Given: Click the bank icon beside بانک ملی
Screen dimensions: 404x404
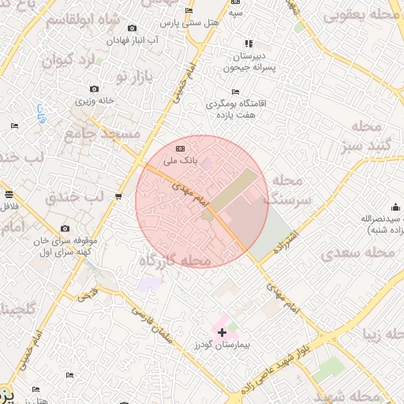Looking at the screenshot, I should tap(181, 148).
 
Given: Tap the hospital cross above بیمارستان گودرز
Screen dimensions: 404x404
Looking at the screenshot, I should tap(222, 333).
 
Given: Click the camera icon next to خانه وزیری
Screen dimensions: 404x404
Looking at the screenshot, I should tap(95, 88).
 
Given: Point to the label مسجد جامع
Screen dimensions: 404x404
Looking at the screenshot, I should tap(105, 133).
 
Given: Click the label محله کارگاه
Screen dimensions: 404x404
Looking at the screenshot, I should tap(175, 260).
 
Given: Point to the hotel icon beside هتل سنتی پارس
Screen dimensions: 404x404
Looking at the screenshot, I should tap(188, 10).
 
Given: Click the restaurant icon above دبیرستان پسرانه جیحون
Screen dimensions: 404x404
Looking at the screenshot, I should tap(249, 43).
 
